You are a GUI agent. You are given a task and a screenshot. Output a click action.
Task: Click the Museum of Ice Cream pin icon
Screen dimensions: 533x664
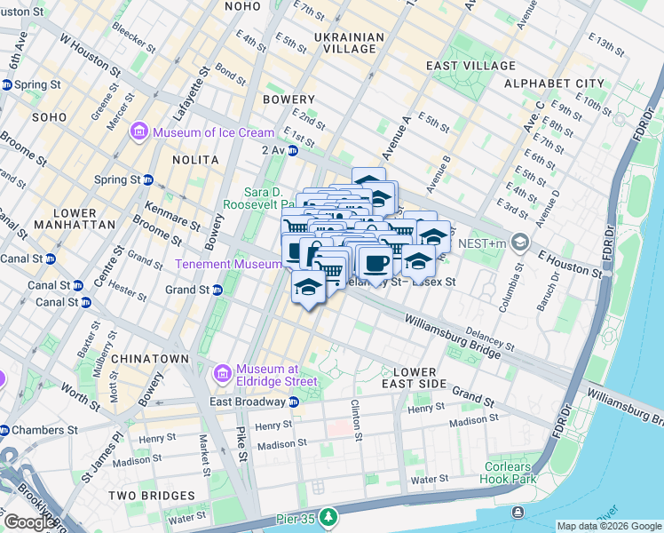point(138,132)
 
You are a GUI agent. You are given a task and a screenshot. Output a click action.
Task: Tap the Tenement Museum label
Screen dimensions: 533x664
point(228,264)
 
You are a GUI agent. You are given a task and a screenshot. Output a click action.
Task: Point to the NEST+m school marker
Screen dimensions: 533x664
point(520,242)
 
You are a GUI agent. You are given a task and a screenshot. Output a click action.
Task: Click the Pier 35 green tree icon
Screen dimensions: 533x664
point(329,516)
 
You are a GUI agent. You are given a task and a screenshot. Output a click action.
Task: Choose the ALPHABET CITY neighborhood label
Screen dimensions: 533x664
point(554,84)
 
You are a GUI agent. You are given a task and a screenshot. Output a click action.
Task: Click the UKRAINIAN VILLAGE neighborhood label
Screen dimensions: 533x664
point(349,44)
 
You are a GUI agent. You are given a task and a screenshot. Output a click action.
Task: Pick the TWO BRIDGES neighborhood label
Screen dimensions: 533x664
point(145,495)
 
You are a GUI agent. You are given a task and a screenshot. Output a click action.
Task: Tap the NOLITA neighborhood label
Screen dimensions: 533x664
point(196,160)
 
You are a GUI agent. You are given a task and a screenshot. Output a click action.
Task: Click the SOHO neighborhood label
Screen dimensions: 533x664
point(50,117)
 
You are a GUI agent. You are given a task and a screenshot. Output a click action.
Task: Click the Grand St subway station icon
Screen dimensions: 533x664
point(216,290)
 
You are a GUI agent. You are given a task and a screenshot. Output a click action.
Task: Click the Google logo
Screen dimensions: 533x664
point(28,522)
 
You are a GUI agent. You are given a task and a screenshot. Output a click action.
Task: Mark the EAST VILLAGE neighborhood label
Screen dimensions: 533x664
point(470,66)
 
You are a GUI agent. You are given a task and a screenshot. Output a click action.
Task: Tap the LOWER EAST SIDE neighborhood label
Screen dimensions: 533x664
point(409,378)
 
